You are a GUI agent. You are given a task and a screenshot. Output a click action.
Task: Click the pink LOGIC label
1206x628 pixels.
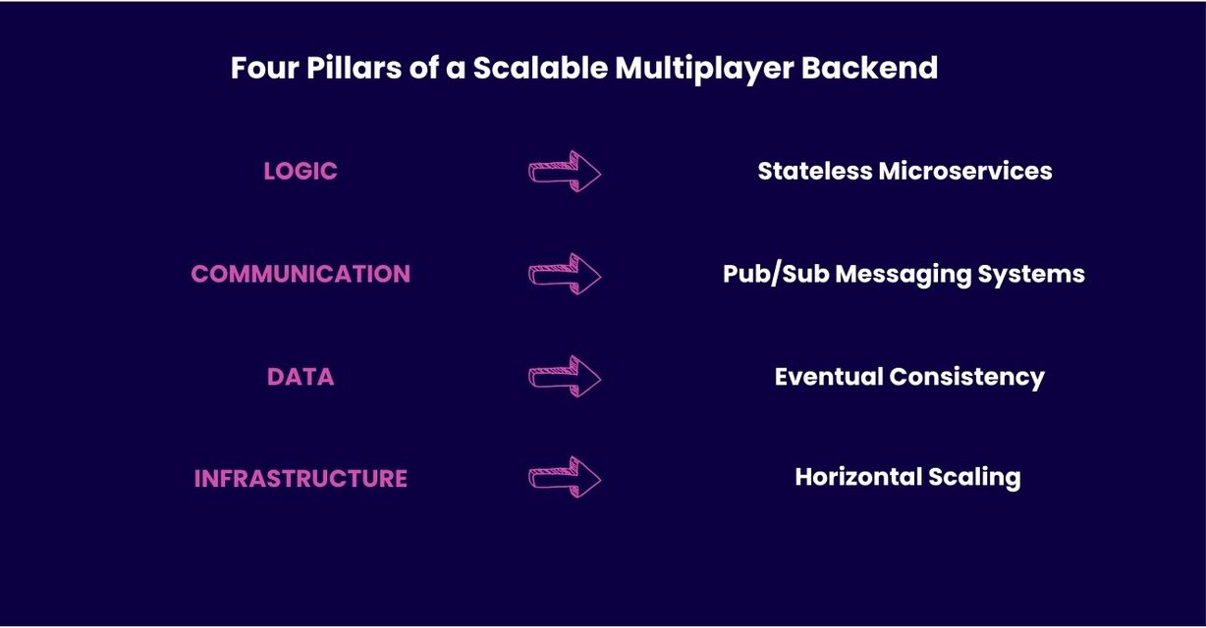[x=301, y=171]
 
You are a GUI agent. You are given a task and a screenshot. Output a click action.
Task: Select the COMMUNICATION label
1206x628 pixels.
[x=301, y=274]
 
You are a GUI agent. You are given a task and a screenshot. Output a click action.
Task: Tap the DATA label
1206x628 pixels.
[x=301, y=377]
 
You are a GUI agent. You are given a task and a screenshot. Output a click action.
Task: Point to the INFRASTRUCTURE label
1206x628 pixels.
[x=301, y=479]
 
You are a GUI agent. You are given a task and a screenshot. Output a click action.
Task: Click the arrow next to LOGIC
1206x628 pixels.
[x=565, y=172]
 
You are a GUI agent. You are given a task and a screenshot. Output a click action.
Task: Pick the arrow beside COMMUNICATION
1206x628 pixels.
[x=565, y=274]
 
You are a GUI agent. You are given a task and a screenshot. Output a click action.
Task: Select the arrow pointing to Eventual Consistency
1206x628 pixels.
[x=565, y=377]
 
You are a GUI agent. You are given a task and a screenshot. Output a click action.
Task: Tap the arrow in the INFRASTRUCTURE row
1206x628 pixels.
[x=565, y=477]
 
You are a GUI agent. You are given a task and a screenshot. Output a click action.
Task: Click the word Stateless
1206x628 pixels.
[x=814, y=171]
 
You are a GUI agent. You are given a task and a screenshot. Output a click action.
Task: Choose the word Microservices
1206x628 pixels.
[x=965, y=171]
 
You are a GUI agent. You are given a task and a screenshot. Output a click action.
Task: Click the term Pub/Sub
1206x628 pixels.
[x=775, y=274]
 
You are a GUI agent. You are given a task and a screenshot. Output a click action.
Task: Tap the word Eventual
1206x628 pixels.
[x=829, y=376]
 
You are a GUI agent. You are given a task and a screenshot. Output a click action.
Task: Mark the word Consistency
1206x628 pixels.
[x=967, y=378]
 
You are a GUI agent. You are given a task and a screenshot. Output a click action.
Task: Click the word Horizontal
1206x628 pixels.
[x=858, y=477]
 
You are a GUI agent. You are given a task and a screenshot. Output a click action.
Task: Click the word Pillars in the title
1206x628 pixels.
[x=354, y=68]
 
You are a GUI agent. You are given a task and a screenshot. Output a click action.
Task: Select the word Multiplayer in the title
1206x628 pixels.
[x=704, y=70]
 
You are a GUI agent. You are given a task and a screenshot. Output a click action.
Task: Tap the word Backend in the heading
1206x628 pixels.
[x=869, y=68]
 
